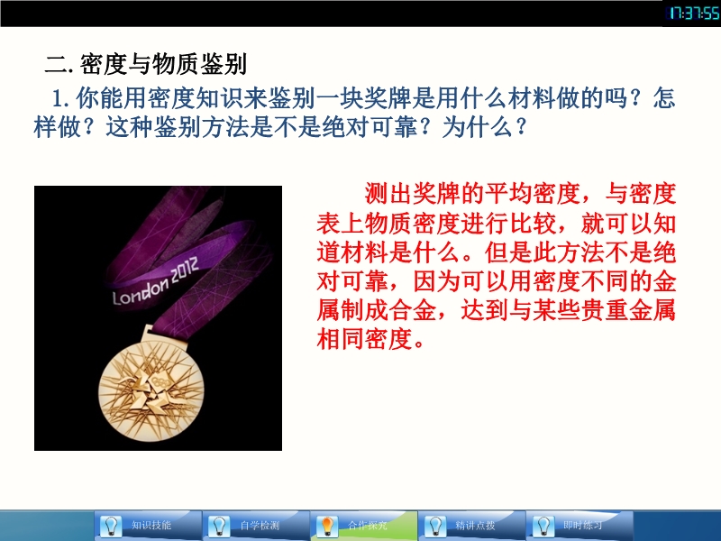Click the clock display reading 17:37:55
(x=693, y=14)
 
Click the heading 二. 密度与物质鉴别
(x=146, y=64)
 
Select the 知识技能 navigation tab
(x=148, y=526)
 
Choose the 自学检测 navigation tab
(x=256, y=526)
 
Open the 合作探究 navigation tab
(x=364, y=526)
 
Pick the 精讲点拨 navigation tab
(x=472, y=526)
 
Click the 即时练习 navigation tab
(x=580, y=526)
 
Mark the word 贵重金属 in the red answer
(x=628, y=310)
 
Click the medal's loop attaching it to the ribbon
(x=148, y=332)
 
